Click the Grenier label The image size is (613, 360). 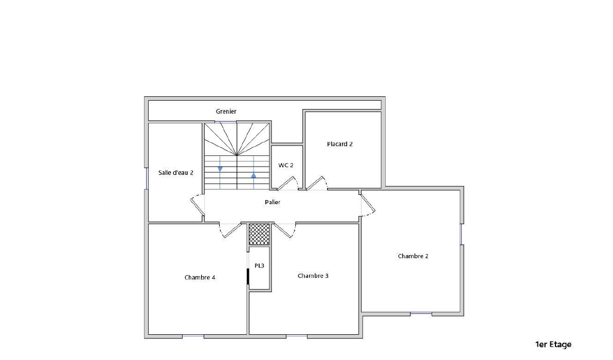point(226,112)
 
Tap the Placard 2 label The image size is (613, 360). point(340,144)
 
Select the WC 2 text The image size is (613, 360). point(286,165)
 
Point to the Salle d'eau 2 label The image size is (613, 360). point(175,172)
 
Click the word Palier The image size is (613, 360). point(273,202)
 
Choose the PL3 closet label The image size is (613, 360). point(259,266)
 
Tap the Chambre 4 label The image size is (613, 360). point(200,278)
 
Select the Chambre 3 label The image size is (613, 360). point(313,276)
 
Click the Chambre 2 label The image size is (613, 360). point(413,256)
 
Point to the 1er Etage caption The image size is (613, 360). point(553,345)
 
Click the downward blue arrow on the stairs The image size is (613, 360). point(220,169)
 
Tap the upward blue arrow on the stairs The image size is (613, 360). point(254,175)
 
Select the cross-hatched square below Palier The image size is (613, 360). point(259,234)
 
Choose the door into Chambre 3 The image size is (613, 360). point(283,230)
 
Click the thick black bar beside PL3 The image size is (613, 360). point(248,277)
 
